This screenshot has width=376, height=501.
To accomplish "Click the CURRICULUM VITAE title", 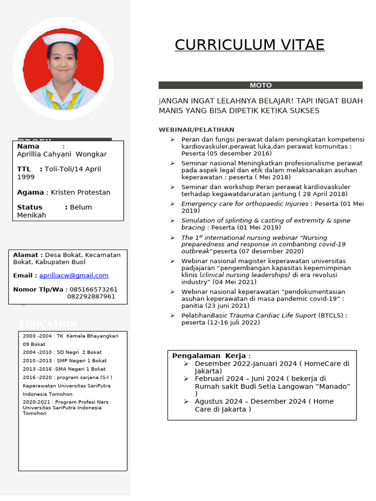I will coord(249,45).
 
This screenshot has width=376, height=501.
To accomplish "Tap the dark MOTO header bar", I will coord(260,85).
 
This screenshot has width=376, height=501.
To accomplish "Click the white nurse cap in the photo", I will coord(62,40).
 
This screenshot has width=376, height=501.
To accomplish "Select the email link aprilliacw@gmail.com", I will coord(81,275).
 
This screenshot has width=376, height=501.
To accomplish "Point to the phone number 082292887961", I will coord(91,296).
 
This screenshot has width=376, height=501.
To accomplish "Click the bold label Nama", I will coord(28,146).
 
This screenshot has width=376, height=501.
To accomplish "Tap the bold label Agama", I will coord(30,192).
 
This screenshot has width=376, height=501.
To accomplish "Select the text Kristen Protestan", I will coord(81,192).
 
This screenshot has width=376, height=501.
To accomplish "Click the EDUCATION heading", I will coord(48,324).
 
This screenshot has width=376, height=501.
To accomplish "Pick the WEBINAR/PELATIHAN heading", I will coord(196,130).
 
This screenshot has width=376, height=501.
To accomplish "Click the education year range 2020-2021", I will coord(37,402).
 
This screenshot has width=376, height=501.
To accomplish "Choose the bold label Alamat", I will coord(27,255).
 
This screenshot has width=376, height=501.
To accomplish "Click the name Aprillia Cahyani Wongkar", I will coord(62,154).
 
